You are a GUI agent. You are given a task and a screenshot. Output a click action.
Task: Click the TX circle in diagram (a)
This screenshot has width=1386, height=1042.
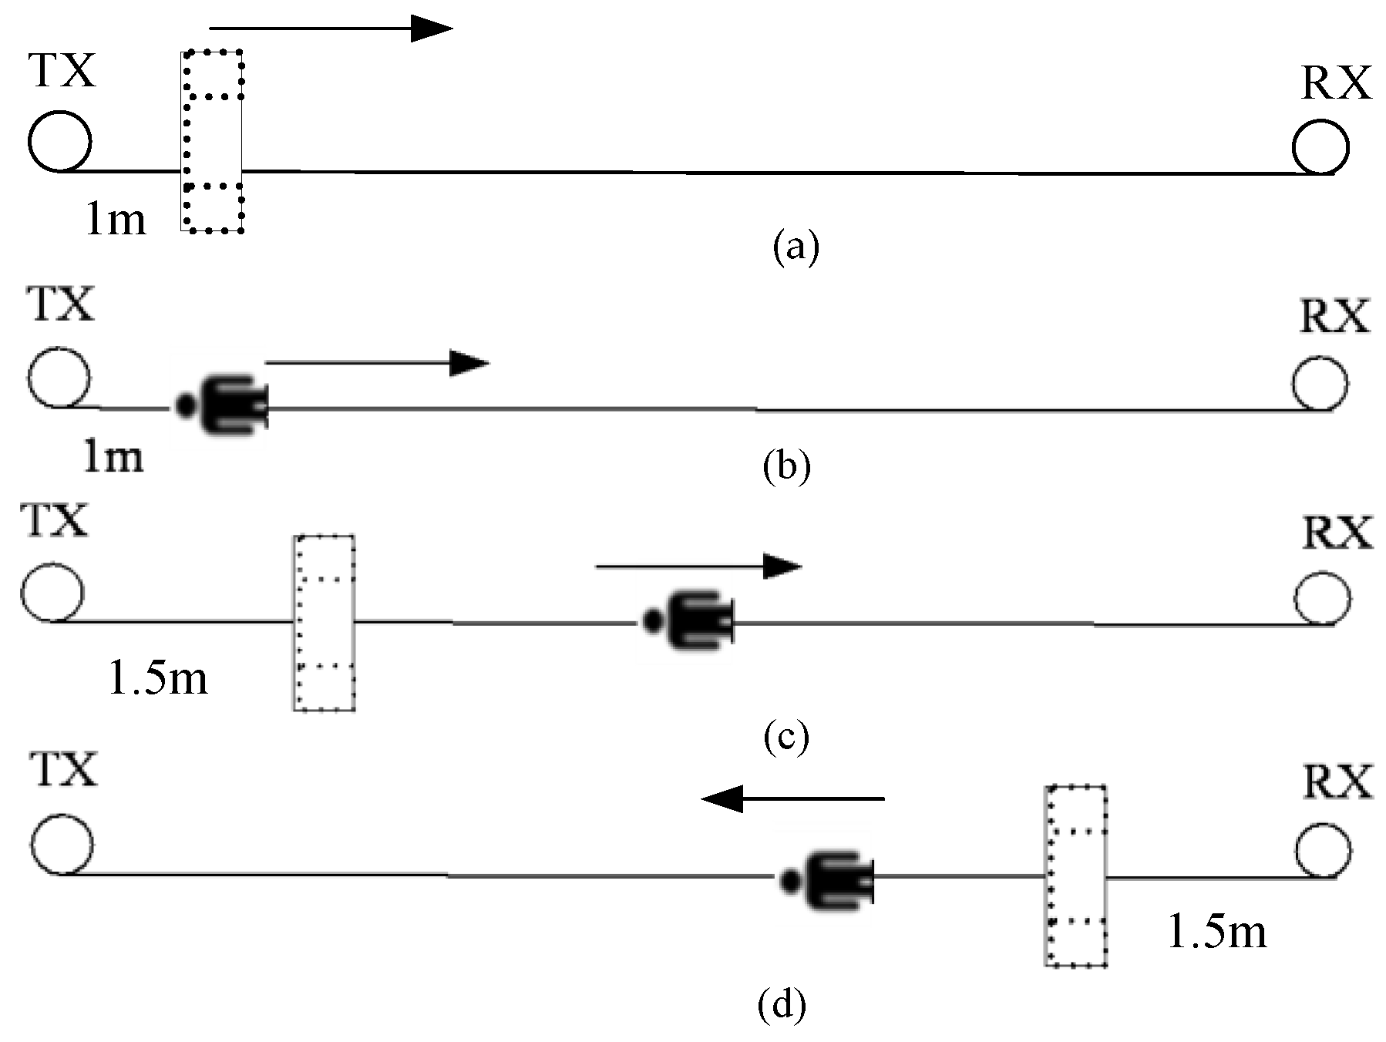(x=60, y=141)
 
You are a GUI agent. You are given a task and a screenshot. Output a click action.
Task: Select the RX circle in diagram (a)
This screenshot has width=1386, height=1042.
(x=1320, y=146)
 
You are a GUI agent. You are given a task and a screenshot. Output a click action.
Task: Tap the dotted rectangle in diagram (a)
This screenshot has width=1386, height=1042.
(x=213, y=141)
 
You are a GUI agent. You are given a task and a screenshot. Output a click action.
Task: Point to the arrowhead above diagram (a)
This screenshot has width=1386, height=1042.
(x=430, y=29)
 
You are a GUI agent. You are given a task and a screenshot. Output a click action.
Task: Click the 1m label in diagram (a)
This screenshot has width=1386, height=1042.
(x=115, y=220)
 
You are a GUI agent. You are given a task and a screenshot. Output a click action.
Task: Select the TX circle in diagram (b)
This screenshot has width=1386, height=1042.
(x=59, y=378)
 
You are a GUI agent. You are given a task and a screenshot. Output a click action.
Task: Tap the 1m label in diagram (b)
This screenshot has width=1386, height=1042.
(x=113, y=456)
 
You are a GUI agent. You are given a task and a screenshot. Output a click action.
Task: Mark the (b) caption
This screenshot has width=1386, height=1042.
(x=786, y=466)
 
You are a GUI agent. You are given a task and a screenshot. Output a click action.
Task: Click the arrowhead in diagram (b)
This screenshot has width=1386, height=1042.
(x=468, y=362)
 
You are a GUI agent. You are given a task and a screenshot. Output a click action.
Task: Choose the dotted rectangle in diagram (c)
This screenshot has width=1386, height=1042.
(x=324, y=623)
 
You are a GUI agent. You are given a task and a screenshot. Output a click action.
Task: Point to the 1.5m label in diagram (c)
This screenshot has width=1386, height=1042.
(x=158, y=678)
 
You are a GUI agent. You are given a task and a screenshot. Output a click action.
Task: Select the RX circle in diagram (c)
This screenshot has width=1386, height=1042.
(x=1322, y=598)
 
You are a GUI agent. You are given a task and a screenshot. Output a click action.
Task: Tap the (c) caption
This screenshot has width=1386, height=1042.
(x=786, y=736)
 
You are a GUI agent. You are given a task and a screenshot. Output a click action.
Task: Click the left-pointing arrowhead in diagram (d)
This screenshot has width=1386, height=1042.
(x=723, y=798)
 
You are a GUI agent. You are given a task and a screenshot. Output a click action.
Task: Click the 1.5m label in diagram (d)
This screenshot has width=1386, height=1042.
(x=1217, y=931)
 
